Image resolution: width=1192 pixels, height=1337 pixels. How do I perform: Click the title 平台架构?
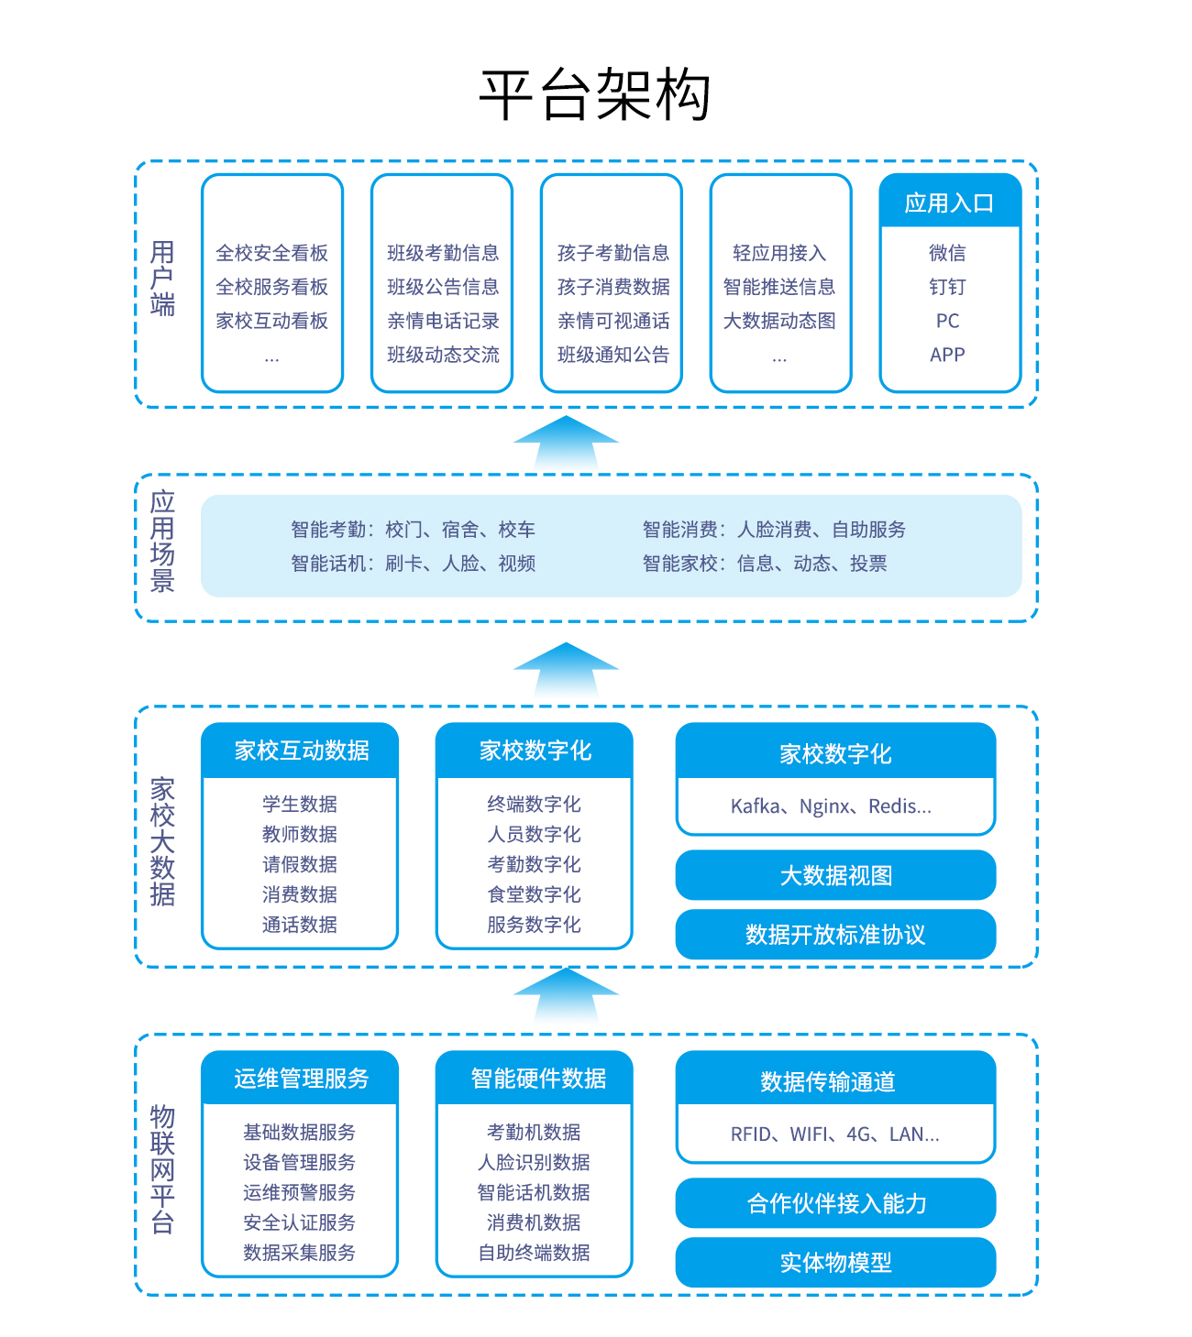coord(594,95)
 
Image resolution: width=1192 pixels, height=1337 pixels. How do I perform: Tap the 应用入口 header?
coord(950,202)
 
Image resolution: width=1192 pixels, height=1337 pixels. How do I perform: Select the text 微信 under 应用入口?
coord(947,252)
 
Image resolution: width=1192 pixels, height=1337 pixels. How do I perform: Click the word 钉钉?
coord(947,287)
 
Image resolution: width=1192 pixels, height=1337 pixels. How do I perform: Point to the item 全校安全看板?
coord(272,252)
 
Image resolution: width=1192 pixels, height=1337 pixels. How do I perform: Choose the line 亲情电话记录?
coord(443,321)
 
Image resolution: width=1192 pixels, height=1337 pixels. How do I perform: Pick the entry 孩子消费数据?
coord(613,287)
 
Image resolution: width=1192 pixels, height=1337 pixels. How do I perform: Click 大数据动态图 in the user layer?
coord(779,321)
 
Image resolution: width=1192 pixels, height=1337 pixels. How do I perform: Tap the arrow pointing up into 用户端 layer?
coord(566,443)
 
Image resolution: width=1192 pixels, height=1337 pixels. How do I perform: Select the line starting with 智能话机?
coord(413,563)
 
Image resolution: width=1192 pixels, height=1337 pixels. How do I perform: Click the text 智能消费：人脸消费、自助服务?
coord(773,529)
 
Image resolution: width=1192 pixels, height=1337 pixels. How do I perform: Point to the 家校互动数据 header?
coord(301,751)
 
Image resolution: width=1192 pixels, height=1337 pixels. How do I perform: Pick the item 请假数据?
coord(300,864)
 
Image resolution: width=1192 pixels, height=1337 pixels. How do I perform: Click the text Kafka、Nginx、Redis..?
coord(830,805)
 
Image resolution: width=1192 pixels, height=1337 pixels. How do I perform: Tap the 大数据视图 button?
coord(835,875)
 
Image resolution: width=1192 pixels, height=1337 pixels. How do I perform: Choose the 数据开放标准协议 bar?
coord(835,934)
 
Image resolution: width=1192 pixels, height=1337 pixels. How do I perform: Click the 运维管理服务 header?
coord(301,1078)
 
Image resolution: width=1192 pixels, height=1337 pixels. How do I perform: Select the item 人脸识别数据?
coord(534,1161)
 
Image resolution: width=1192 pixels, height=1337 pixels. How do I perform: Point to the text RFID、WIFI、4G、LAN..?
coord(834,1134)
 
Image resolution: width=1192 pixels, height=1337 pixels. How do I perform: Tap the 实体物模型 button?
coord(835,1262)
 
